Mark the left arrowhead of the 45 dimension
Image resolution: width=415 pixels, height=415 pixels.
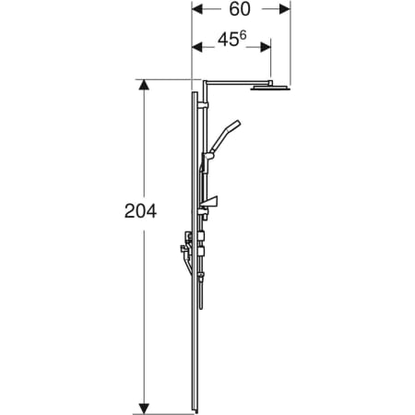click(196, 45)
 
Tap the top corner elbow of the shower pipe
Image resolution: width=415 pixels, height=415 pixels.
click(203, 84)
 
